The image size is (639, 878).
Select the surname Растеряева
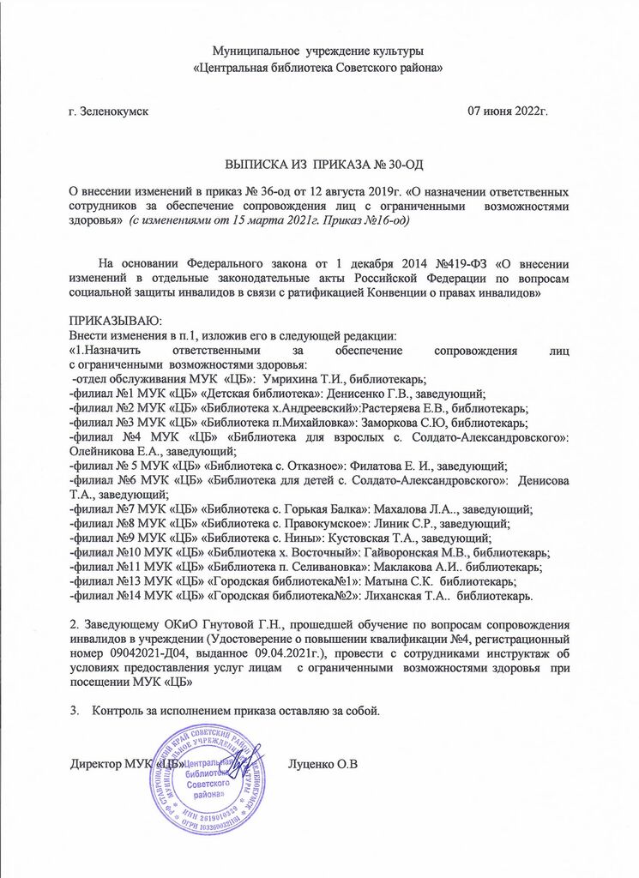[x=395, y=408]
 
